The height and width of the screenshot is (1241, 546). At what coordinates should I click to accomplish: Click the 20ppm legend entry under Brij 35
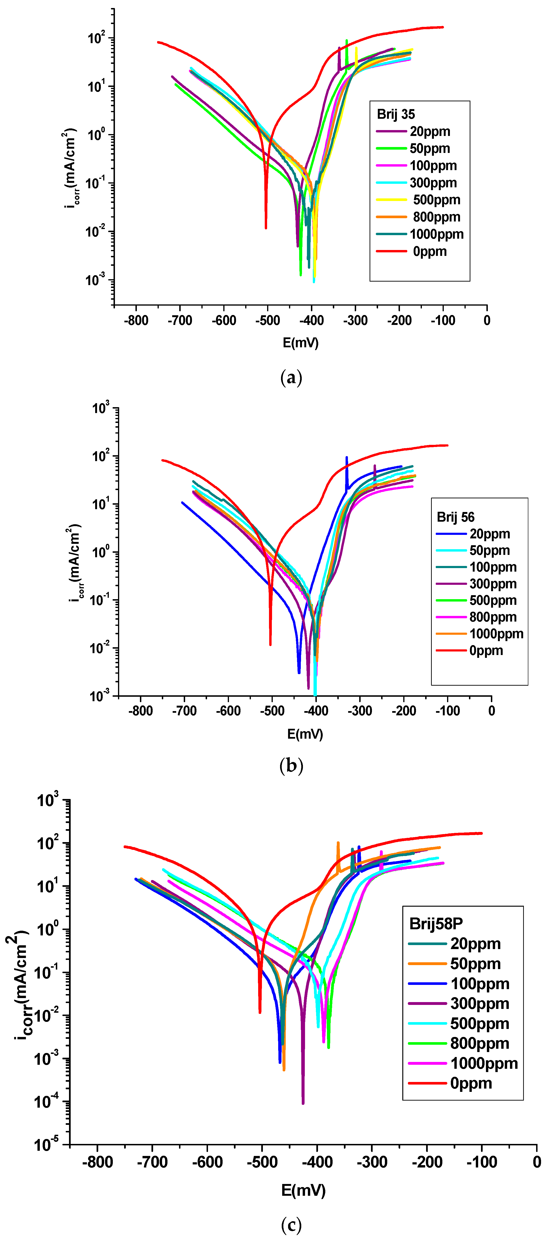click(x=429, y=131)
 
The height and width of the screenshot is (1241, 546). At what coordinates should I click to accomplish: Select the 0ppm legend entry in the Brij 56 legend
click(x=486, y=650)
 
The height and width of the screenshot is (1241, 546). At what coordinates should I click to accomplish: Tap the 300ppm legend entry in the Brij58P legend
click(x=479, y=1003)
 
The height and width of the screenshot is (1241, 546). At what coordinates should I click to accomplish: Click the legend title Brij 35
click(x=396, y=114)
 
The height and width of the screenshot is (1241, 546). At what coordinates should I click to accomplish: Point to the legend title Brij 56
click(x=456, y=517)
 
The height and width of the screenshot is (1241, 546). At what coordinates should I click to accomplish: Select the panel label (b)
click(x=291, y=765)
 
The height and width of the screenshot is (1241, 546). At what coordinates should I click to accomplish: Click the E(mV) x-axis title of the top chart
click(x=301, y=343)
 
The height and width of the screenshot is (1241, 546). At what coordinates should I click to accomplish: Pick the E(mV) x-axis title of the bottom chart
click(x=303, y=1190)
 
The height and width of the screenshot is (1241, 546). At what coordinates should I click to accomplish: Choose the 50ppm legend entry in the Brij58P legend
click(x=475, y=963)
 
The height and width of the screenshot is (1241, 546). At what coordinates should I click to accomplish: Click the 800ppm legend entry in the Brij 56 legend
click(x=493, y=617)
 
